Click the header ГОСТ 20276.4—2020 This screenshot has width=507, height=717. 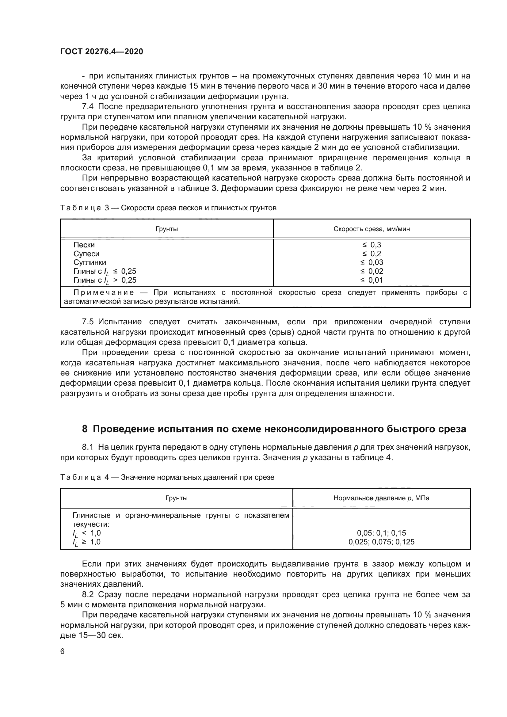[101, 51]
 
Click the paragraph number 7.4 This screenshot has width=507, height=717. [88, 106]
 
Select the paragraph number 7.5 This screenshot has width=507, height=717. [88, 322]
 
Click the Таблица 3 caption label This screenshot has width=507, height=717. [81, 208]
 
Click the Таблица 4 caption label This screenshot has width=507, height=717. [81, 478]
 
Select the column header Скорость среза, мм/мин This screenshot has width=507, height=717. [372, 229]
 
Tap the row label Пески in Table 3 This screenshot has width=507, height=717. [84, 245]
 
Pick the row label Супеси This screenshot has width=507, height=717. [86, 254]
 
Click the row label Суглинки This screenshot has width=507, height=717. [90, 262]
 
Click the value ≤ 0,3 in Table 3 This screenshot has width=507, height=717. [372, 245]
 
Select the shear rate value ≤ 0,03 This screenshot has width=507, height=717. [372, 262]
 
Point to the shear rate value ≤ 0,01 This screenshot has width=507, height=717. [372, 280]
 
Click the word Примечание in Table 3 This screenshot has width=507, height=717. [104, 293]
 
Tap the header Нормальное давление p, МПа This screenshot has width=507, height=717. [381, 498]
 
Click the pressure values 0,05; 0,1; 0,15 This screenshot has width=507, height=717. [381, 533]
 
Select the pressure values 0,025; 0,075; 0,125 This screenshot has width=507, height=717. [381, 542]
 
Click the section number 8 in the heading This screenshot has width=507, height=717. [85, 429]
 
